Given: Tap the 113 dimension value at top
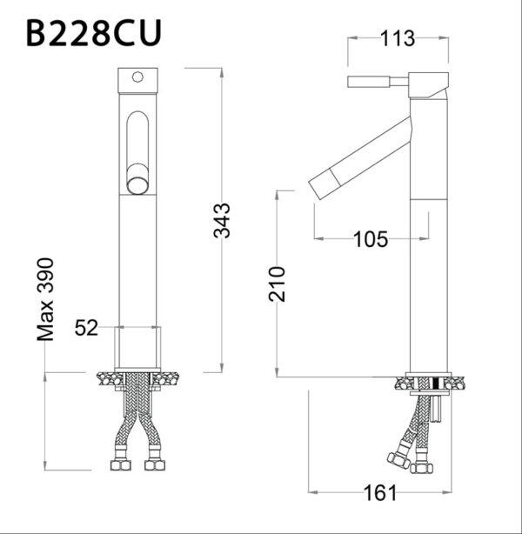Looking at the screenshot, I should tap(397, 38).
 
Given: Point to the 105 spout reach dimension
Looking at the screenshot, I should tap(371, 239).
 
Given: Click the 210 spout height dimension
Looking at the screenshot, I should tap(278, 284).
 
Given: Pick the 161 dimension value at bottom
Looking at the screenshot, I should tap(380, 493).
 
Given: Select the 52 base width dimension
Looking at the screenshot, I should tap(85, 328).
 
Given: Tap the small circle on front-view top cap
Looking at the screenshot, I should tap(136, 77).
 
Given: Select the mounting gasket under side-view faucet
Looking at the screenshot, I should tap(431, 382).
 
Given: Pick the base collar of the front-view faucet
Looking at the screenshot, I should tap(139, 347).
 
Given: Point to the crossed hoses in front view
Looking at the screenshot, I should tap(137, 417).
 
